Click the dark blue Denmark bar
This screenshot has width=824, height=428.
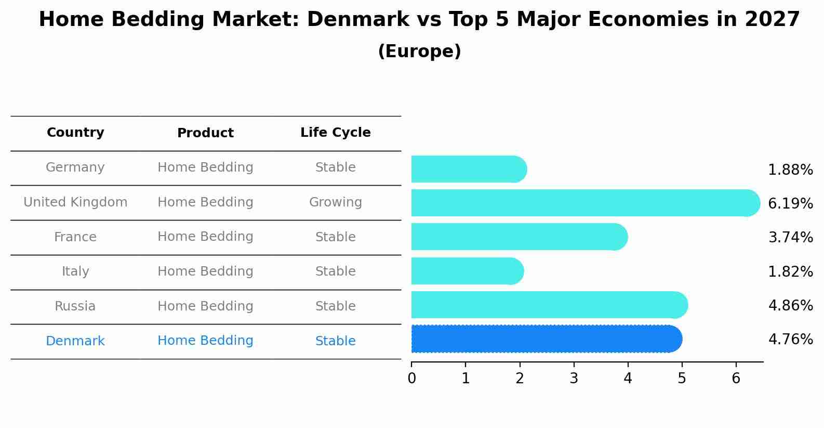[x=546, y=339]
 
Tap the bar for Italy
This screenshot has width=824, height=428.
[x=467, y=271]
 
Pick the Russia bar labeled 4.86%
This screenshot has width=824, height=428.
[x=548, y=305]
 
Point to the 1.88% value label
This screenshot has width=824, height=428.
[x=790, y=170]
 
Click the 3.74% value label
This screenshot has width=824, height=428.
[x=790, y=238]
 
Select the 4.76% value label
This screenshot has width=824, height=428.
[x=790, y=340]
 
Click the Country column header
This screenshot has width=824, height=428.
[x=75, y=133]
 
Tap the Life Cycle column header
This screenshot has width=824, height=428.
[x=335, y=133]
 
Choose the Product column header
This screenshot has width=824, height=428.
[x=205, y=133]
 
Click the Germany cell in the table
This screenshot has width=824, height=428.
[x=75, y=167]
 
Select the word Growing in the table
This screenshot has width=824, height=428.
[x=335, y=202]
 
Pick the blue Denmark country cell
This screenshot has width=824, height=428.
[x=75, y=341]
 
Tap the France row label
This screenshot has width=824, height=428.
[x=75, y=237]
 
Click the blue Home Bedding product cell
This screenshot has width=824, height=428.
[x=205, y=341]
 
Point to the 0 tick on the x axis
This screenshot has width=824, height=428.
[x=411, y=379]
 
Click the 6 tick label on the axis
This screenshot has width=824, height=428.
[x=736, y=379]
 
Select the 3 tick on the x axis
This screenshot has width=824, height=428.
[x=574, y=379]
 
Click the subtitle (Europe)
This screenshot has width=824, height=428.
[x=419, y=51]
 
